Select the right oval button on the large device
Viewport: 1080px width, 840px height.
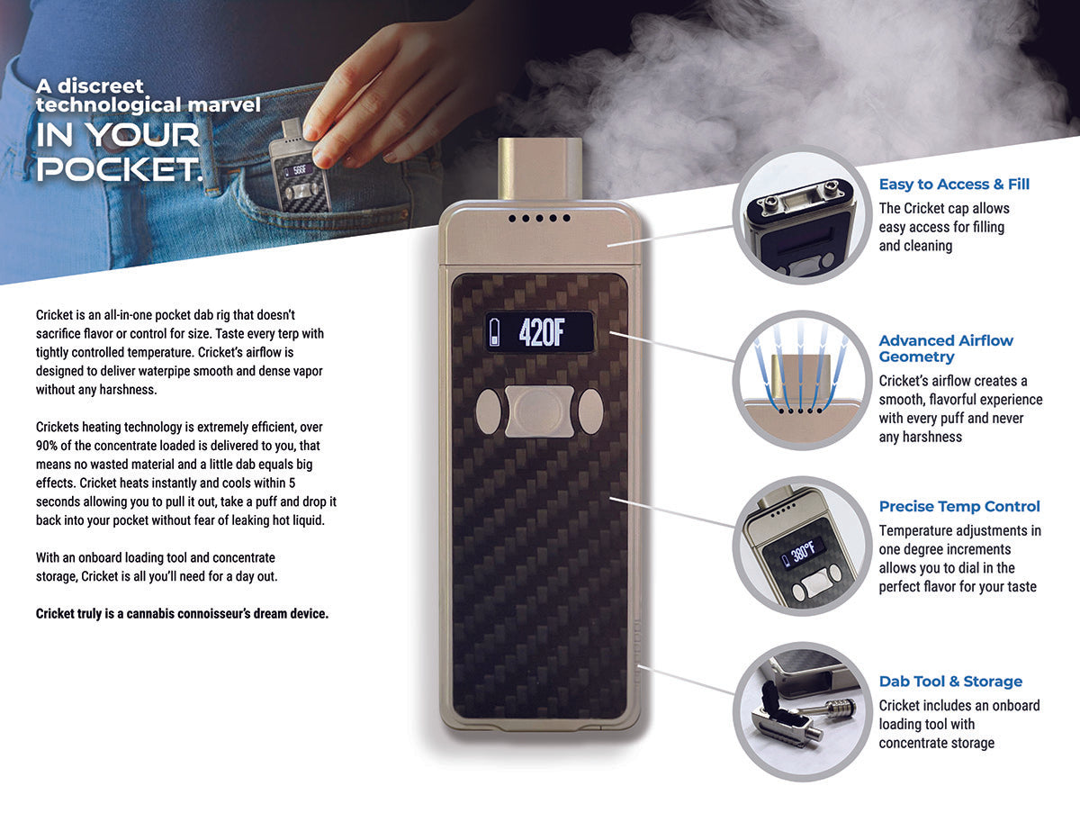point(589,411)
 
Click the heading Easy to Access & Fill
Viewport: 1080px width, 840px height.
point(954,185)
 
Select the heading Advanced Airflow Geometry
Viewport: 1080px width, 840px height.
point(946,348)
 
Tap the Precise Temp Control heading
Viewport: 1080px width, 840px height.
point(959,507)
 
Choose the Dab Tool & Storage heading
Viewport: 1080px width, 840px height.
point(950,682)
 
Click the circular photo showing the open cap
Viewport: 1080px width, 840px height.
point(800,215)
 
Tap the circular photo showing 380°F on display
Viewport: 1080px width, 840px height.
point(800,546)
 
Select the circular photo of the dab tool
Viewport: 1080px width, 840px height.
point(800,711)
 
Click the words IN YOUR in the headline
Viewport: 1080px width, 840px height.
point(118,136)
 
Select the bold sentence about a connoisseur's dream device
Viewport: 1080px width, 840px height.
point(182,614)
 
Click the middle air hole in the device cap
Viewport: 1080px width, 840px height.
point(537,218)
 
